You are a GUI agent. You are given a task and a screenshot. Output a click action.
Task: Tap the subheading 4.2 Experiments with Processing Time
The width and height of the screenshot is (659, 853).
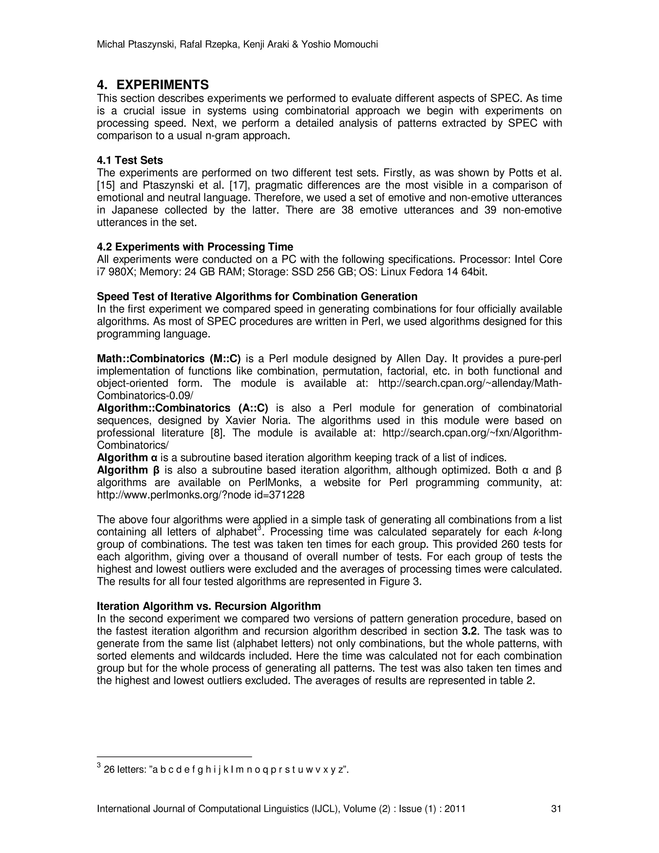click(x=195, y=247)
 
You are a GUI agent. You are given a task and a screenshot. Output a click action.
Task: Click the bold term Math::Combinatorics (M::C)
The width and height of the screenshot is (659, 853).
click(x=169, y=359)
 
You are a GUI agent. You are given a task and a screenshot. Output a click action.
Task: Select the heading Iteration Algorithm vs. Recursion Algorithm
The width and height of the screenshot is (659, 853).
click(x=209, y=606)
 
